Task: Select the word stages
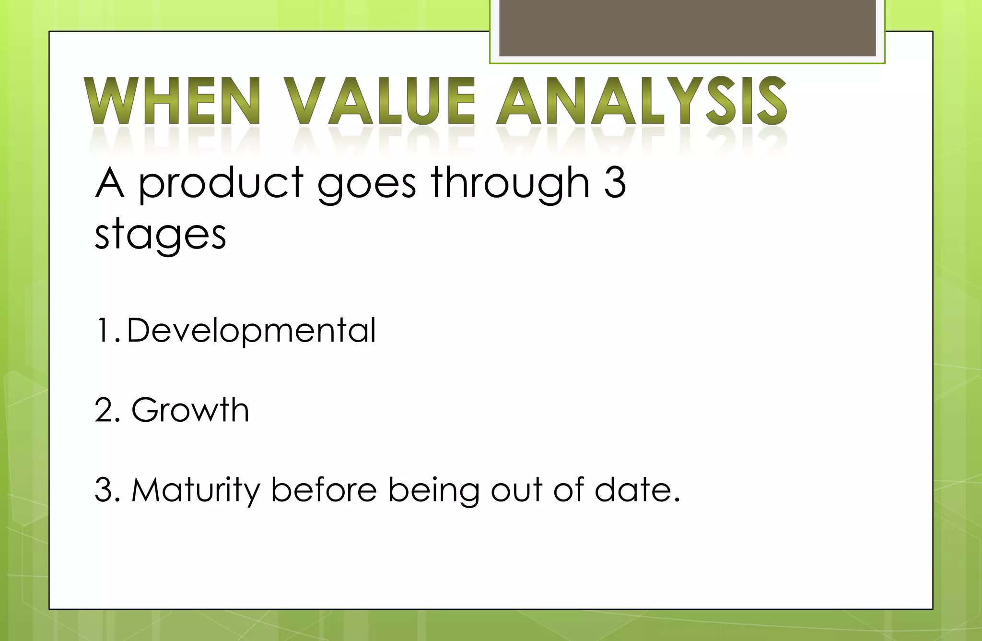(160, 236)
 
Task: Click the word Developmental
(251, 331)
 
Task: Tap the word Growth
(190, 410)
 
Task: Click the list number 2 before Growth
(105, 410)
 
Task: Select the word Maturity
(196, 491)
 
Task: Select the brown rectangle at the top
(687, 28)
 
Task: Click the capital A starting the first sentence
(110, 183)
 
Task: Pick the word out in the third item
(516, 491)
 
